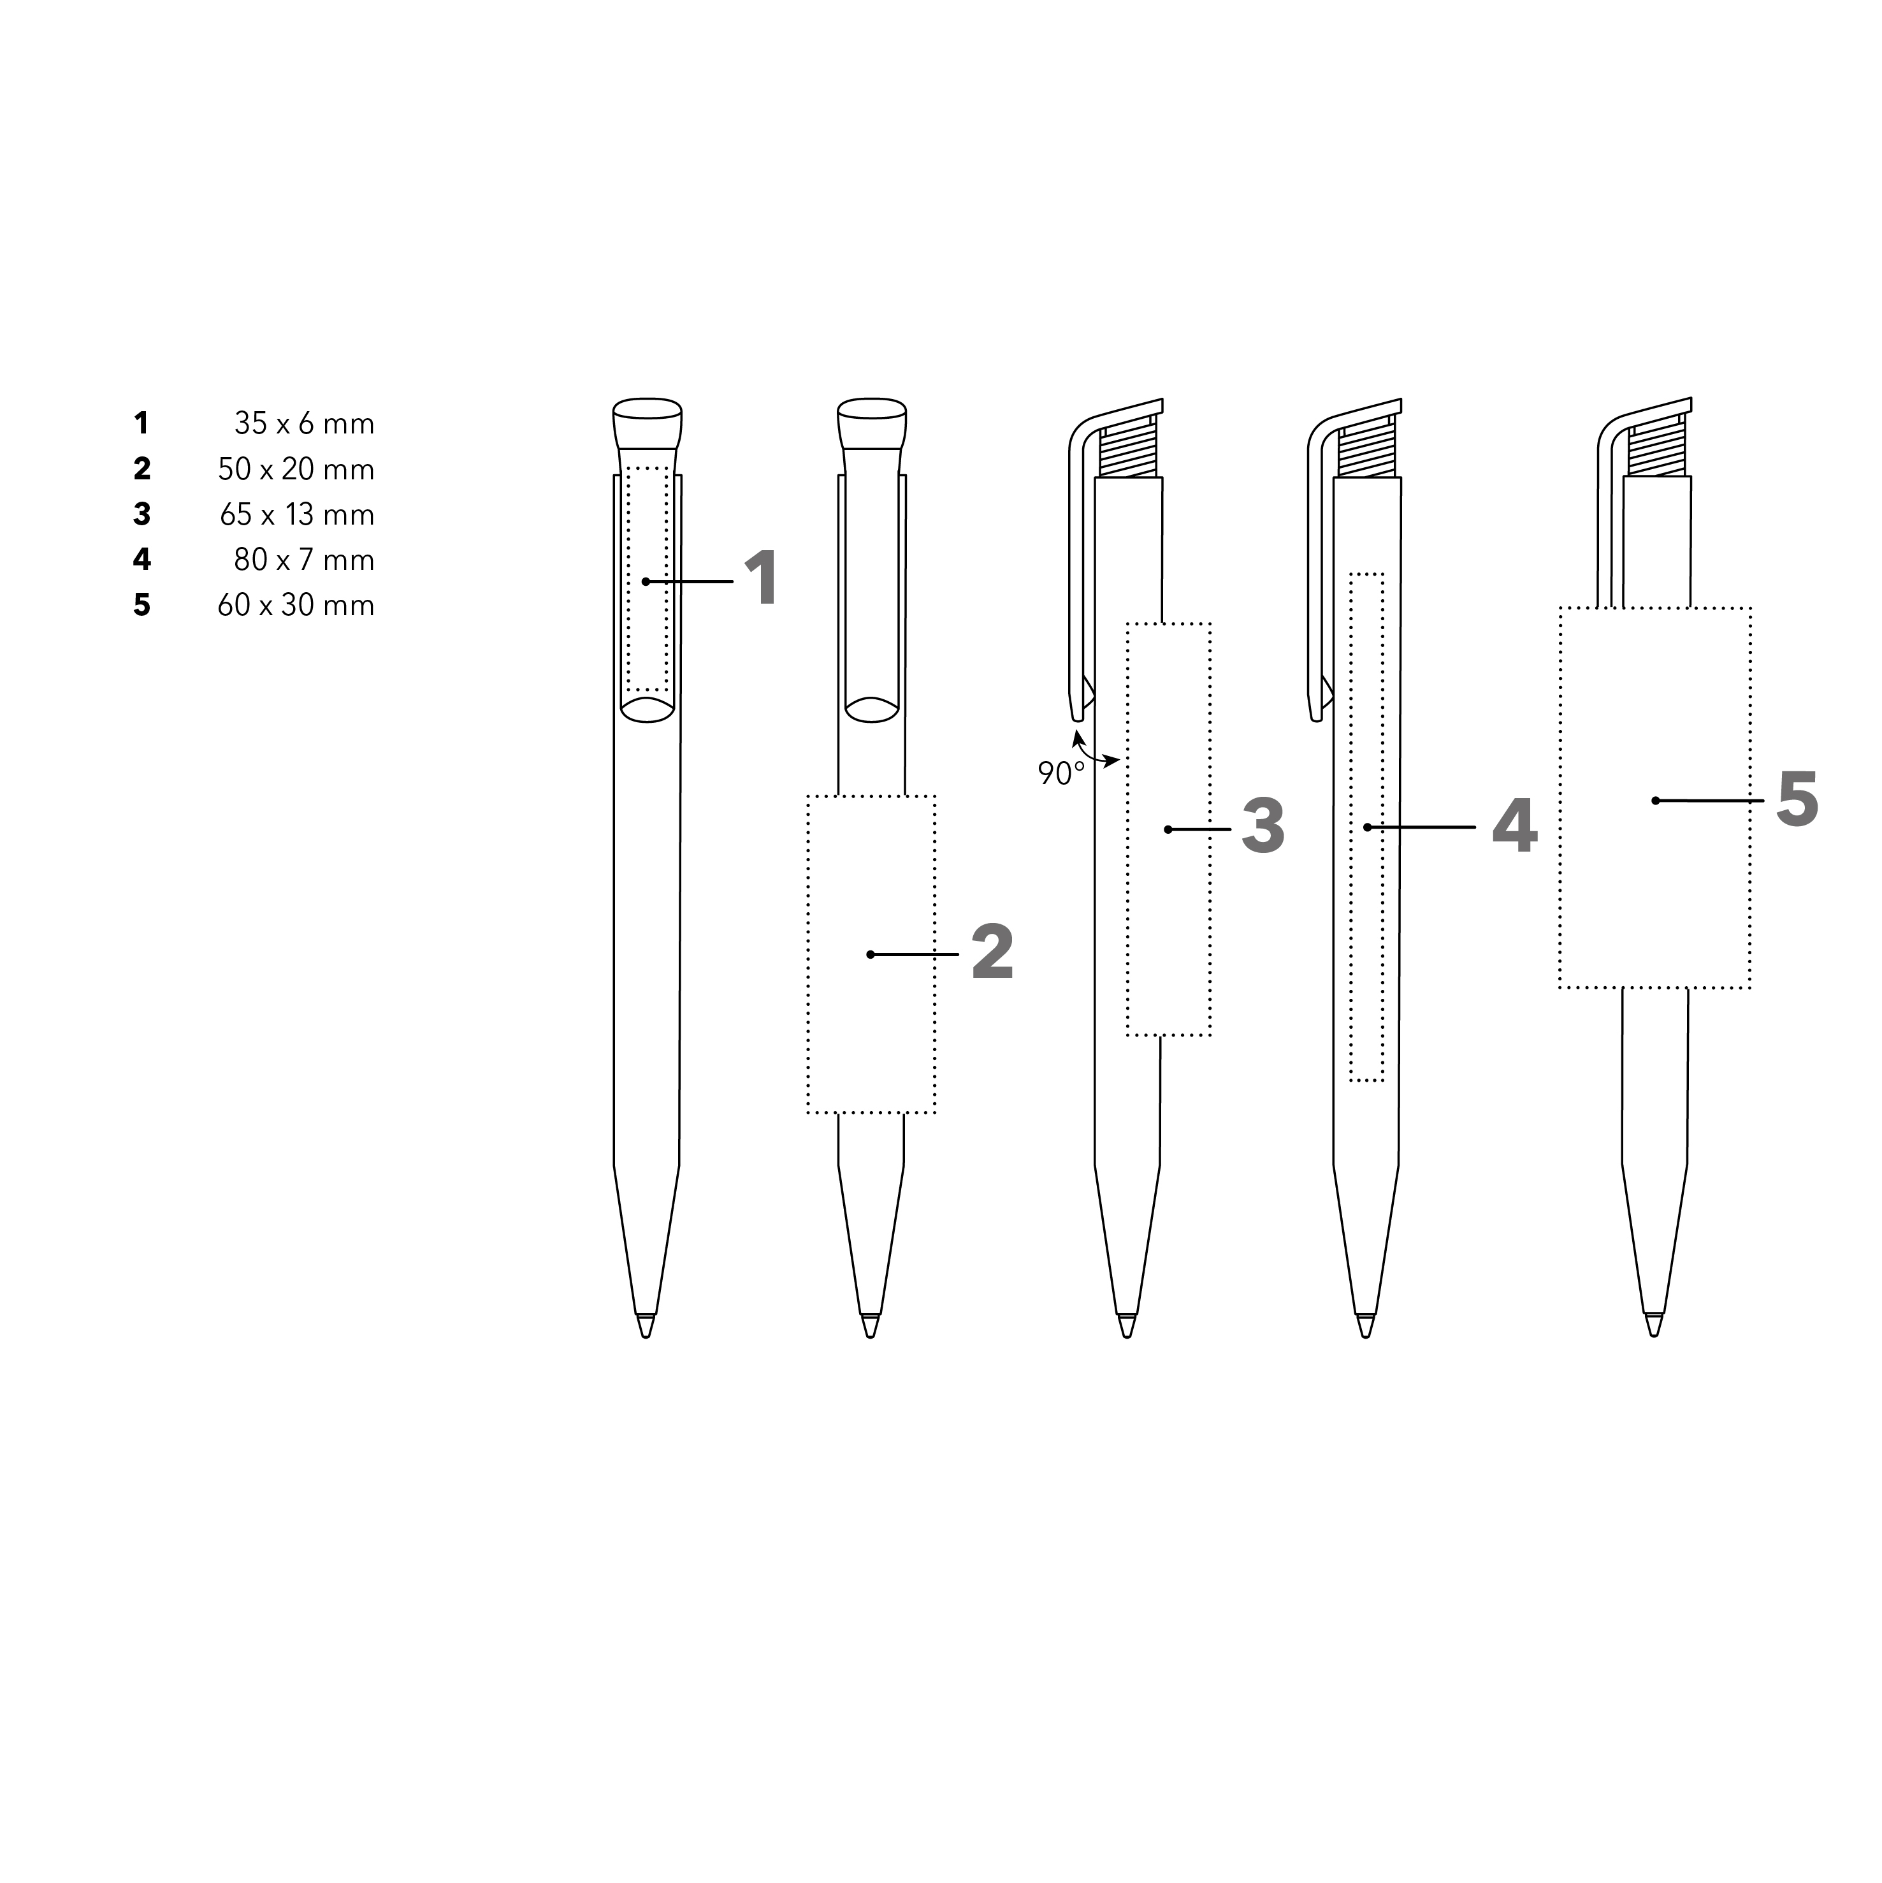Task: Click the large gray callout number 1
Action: (761, 578)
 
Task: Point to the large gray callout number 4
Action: (1514, 825)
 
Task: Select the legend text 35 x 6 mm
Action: (304, 424)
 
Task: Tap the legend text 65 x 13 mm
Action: (297, 514)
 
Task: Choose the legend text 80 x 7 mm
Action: (304, 560)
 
